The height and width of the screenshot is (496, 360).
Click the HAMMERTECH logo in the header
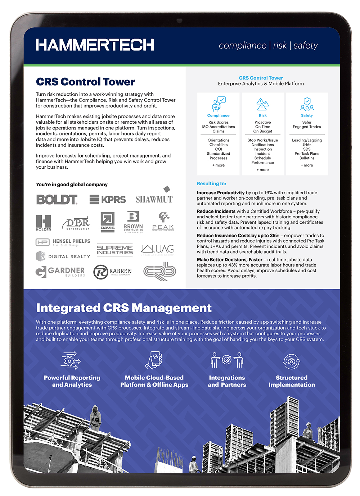(x=95, y=45)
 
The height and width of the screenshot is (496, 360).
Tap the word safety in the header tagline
(x=306, y=46)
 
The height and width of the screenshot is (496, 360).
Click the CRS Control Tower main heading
(x=85, y=82)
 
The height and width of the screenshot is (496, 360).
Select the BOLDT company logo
(x=57, y=200)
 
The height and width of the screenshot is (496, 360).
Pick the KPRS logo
(x=108, y=200)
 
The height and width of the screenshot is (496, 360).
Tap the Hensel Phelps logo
(x=63, y=242)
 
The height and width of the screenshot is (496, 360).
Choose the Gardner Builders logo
(x=60, y=272)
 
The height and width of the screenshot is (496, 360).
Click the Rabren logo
(x=113, y=272)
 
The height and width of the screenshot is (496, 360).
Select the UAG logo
(x=158, y=249)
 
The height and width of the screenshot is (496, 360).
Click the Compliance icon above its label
(x=219, y=104)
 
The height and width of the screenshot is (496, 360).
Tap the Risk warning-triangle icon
(x=262, y=104)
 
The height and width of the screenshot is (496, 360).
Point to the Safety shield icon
(x=307, y=104)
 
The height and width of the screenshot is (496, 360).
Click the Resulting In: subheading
(x=211, y=183)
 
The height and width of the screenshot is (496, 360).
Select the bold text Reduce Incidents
(x=216, y=211)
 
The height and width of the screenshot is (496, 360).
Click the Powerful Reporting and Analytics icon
(x=71, y=360)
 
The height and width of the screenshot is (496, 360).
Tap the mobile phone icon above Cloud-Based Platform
(x=154, y=360)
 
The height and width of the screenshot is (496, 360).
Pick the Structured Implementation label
(x=292, y=381)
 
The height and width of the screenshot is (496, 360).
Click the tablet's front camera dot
(x=179, y=21)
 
